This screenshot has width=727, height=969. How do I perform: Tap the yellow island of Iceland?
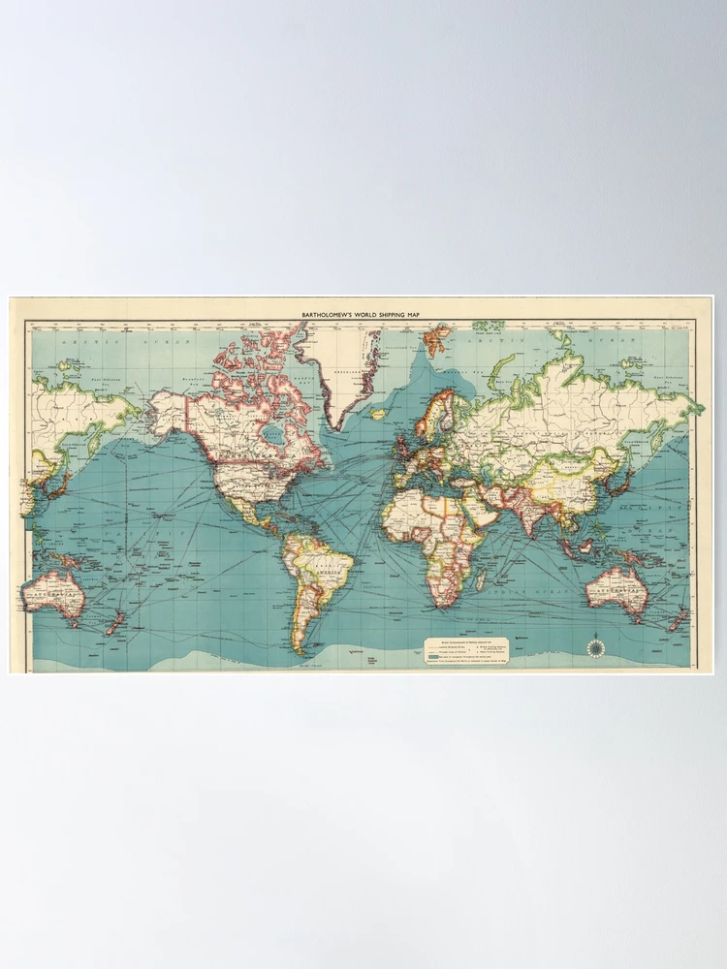pyautogui.click(x=379, y=414)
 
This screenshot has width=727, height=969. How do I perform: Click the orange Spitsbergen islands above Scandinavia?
pyautogui.click(x=437, y=338)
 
